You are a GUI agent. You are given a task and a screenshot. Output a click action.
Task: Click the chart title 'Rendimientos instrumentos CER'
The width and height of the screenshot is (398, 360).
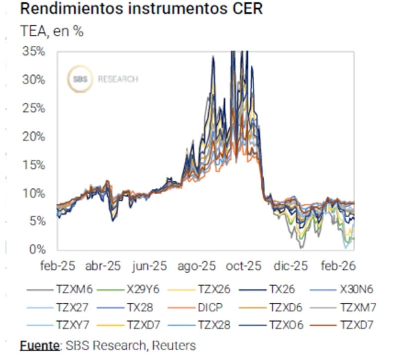tap(141, 9)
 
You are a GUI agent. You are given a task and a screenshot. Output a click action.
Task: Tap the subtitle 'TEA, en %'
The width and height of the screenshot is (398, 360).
tap(52, 31)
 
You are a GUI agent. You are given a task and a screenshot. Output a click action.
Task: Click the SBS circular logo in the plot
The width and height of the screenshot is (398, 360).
tap(80, 79)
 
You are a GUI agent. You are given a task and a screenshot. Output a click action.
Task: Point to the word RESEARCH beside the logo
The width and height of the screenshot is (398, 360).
tap(118, 79)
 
